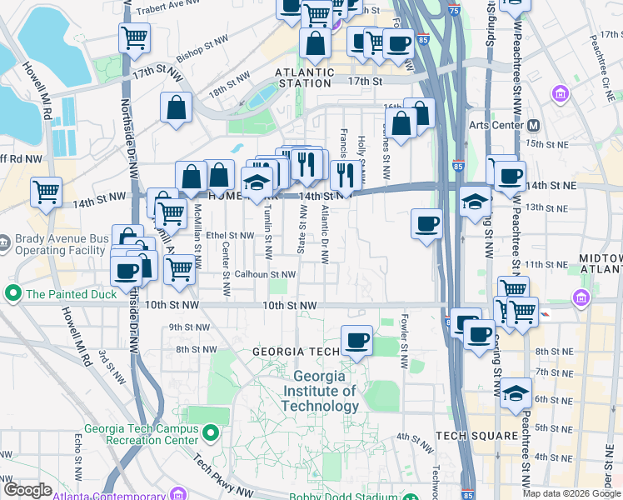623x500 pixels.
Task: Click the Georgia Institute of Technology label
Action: pos(321,392)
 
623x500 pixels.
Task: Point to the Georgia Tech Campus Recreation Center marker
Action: pos(211,433)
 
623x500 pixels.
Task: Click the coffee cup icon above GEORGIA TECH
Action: pos(357,340)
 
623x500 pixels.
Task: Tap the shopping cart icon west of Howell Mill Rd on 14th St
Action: pos(46,192)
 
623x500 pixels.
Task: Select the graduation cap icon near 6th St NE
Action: pos(516,393)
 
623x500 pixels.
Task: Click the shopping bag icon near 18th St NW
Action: pos(177,107)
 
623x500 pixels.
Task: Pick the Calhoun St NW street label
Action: pos(264,273)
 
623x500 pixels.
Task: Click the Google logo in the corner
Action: pos(27,490)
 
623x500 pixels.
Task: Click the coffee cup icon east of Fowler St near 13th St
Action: pos(426,222)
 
